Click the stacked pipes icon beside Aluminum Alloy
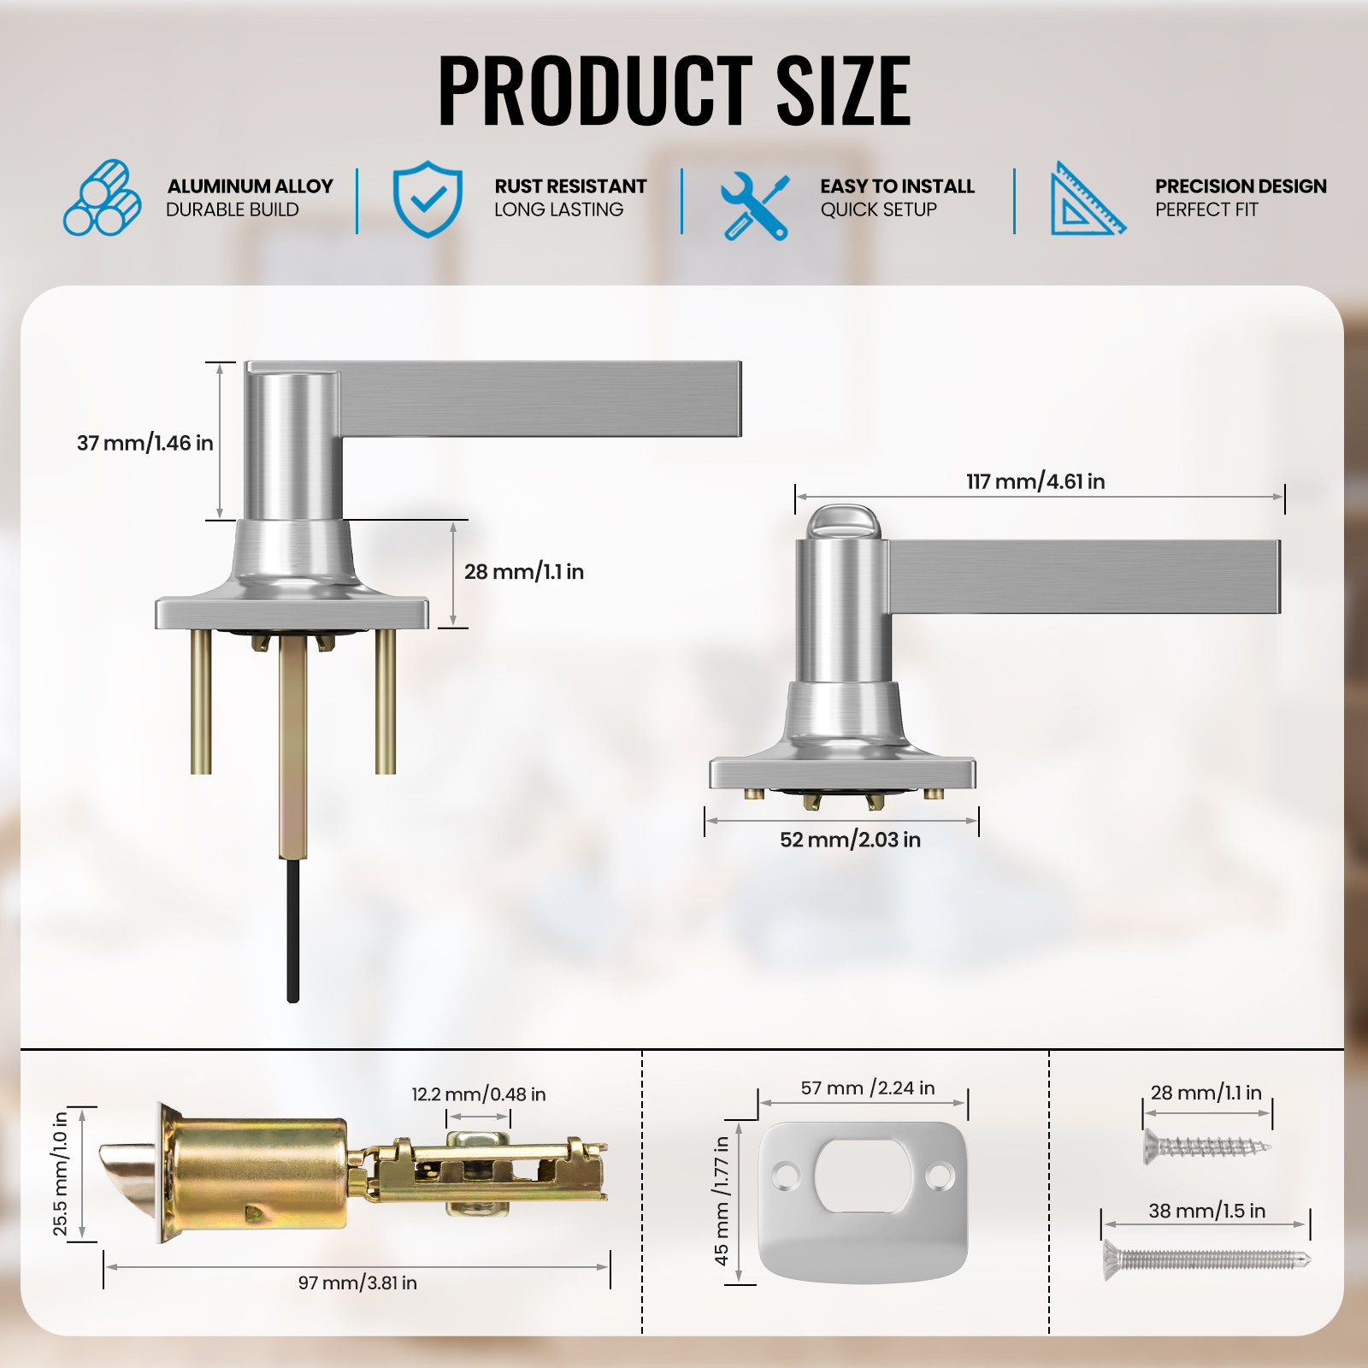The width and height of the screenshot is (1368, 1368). coord(103,198)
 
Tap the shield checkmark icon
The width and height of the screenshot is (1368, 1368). coord(427,198)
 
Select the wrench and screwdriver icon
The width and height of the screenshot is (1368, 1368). coord(754,206)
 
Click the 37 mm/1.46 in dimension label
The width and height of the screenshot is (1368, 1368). coord(145,443)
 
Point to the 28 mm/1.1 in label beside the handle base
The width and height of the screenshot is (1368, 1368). coord(524,572)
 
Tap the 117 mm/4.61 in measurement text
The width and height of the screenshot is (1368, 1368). coord(1035,481)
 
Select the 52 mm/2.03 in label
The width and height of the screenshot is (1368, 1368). coord(850,840)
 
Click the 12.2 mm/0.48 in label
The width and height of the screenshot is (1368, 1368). coord(479,1094)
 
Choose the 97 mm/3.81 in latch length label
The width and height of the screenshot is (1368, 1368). coord(357,1282)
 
